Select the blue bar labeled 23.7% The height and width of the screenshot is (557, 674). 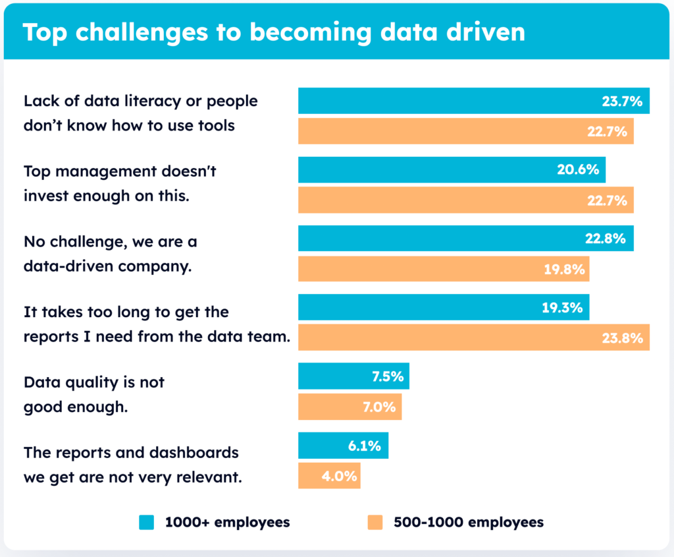(473, 101)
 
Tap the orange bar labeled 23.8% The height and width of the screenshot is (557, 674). (473, 337)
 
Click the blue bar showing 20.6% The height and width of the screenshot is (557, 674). (452, 169)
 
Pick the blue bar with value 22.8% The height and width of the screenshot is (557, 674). (465, 238)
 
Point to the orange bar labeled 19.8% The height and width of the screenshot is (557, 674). (443, 269)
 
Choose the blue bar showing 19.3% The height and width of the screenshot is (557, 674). (443, 307)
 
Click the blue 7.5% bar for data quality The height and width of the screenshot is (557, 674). (353, 376)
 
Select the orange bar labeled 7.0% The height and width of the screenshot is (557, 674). (350, 407)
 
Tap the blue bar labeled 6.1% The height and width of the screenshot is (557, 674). (343, 446)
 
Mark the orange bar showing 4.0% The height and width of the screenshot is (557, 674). (329, 475)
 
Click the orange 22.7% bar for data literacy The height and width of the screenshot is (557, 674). (465, 131)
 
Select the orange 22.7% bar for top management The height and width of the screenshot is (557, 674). (465, 200)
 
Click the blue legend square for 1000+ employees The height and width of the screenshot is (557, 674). (146, 523)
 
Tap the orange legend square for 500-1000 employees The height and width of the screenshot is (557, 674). (375, 523)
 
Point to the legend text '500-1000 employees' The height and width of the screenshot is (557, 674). (469, 523)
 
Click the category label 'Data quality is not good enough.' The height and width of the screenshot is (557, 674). (93, 394)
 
